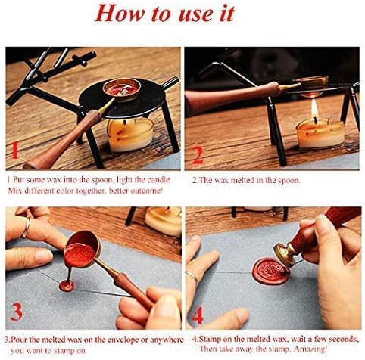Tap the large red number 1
point(17,154)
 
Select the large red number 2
point(197,154)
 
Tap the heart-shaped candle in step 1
point(126,135)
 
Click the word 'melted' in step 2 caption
point(241,182)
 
